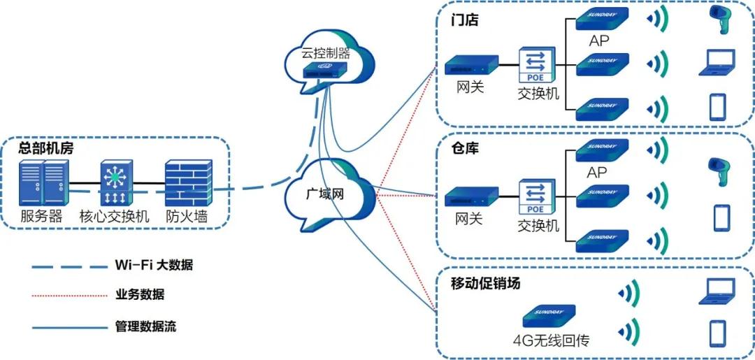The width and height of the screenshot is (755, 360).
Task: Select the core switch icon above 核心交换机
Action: (x=114, y=183)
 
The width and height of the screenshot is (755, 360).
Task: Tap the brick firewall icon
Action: (x=188, y=183)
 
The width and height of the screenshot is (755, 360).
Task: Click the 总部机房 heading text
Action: (x=46, y=148)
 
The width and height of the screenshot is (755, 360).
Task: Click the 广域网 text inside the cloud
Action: (x=326, y=194)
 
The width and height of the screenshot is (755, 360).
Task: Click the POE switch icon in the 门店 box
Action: (x=535, y=66)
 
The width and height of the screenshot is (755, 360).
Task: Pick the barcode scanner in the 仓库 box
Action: (x=719, y=171)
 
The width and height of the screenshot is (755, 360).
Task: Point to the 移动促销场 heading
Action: (x=486, y=283)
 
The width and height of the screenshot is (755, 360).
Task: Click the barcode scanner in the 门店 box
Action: (x=719, y=21)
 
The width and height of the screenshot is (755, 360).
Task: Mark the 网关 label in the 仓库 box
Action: (x=469, y=218)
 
